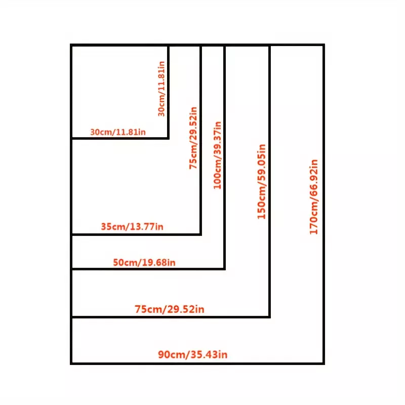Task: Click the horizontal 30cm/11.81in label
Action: coord(118,132)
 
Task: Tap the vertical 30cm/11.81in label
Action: coord(161,89)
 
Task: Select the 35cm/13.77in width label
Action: coord(132,226)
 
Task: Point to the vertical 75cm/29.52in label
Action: coord(193,138)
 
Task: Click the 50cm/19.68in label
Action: coord(144,262)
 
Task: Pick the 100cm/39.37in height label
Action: coord(217,155)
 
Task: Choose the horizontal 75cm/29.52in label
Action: coord(170,309)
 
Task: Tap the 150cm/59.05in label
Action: coord(261,182)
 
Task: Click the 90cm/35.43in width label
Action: coord(193,354)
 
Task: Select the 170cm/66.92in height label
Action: coord(314,197)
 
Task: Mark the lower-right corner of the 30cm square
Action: coord(168,138)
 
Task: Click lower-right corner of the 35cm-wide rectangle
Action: coord(200,234)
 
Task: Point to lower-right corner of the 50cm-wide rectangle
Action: coord(224,269)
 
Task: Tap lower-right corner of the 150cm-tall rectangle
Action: coord(269,317)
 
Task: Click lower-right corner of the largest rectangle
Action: coord(323,363)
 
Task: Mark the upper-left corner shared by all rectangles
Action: coord(71,45)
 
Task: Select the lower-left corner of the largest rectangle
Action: coord(71,363)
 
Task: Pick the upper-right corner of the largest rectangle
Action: coord(323,45)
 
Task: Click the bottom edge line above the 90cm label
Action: coord(171,317)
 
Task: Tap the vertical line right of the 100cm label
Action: coord(224,157)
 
